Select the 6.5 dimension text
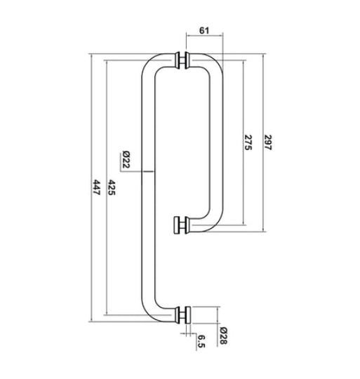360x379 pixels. (x=201, y=340)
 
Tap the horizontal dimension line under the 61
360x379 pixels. (x=204, y=40)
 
